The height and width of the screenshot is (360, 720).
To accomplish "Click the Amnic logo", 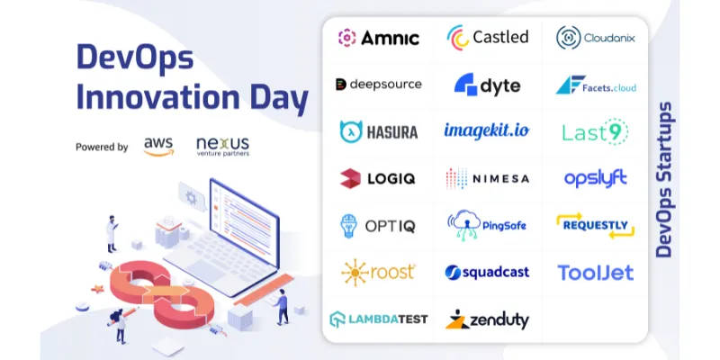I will tap(378, 38).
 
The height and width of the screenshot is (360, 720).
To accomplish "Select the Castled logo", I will tap(487, 38).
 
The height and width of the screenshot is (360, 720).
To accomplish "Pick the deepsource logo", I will tap(378, 85).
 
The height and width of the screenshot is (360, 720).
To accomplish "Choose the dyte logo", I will tap(487, 85).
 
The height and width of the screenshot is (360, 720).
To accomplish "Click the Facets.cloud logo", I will tap(595, 85).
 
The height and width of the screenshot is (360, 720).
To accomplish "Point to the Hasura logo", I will tap(378, 131).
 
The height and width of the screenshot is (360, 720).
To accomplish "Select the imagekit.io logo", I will tap(487, 130).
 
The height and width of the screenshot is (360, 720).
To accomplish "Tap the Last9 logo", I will tap(595, 131).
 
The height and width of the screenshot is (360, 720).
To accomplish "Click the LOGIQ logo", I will tap(378, 178).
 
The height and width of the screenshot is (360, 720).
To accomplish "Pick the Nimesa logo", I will tap(487, 178).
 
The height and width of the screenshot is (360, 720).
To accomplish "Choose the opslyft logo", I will tap(595, 178).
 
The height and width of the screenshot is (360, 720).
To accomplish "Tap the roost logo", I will tap(378, 271).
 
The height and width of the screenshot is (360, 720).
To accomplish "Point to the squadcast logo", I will tap(487, 272).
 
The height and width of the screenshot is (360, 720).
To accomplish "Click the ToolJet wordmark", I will tap(595, 272).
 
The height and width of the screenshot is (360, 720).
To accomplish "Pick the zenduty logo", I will tap(487, 319).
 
